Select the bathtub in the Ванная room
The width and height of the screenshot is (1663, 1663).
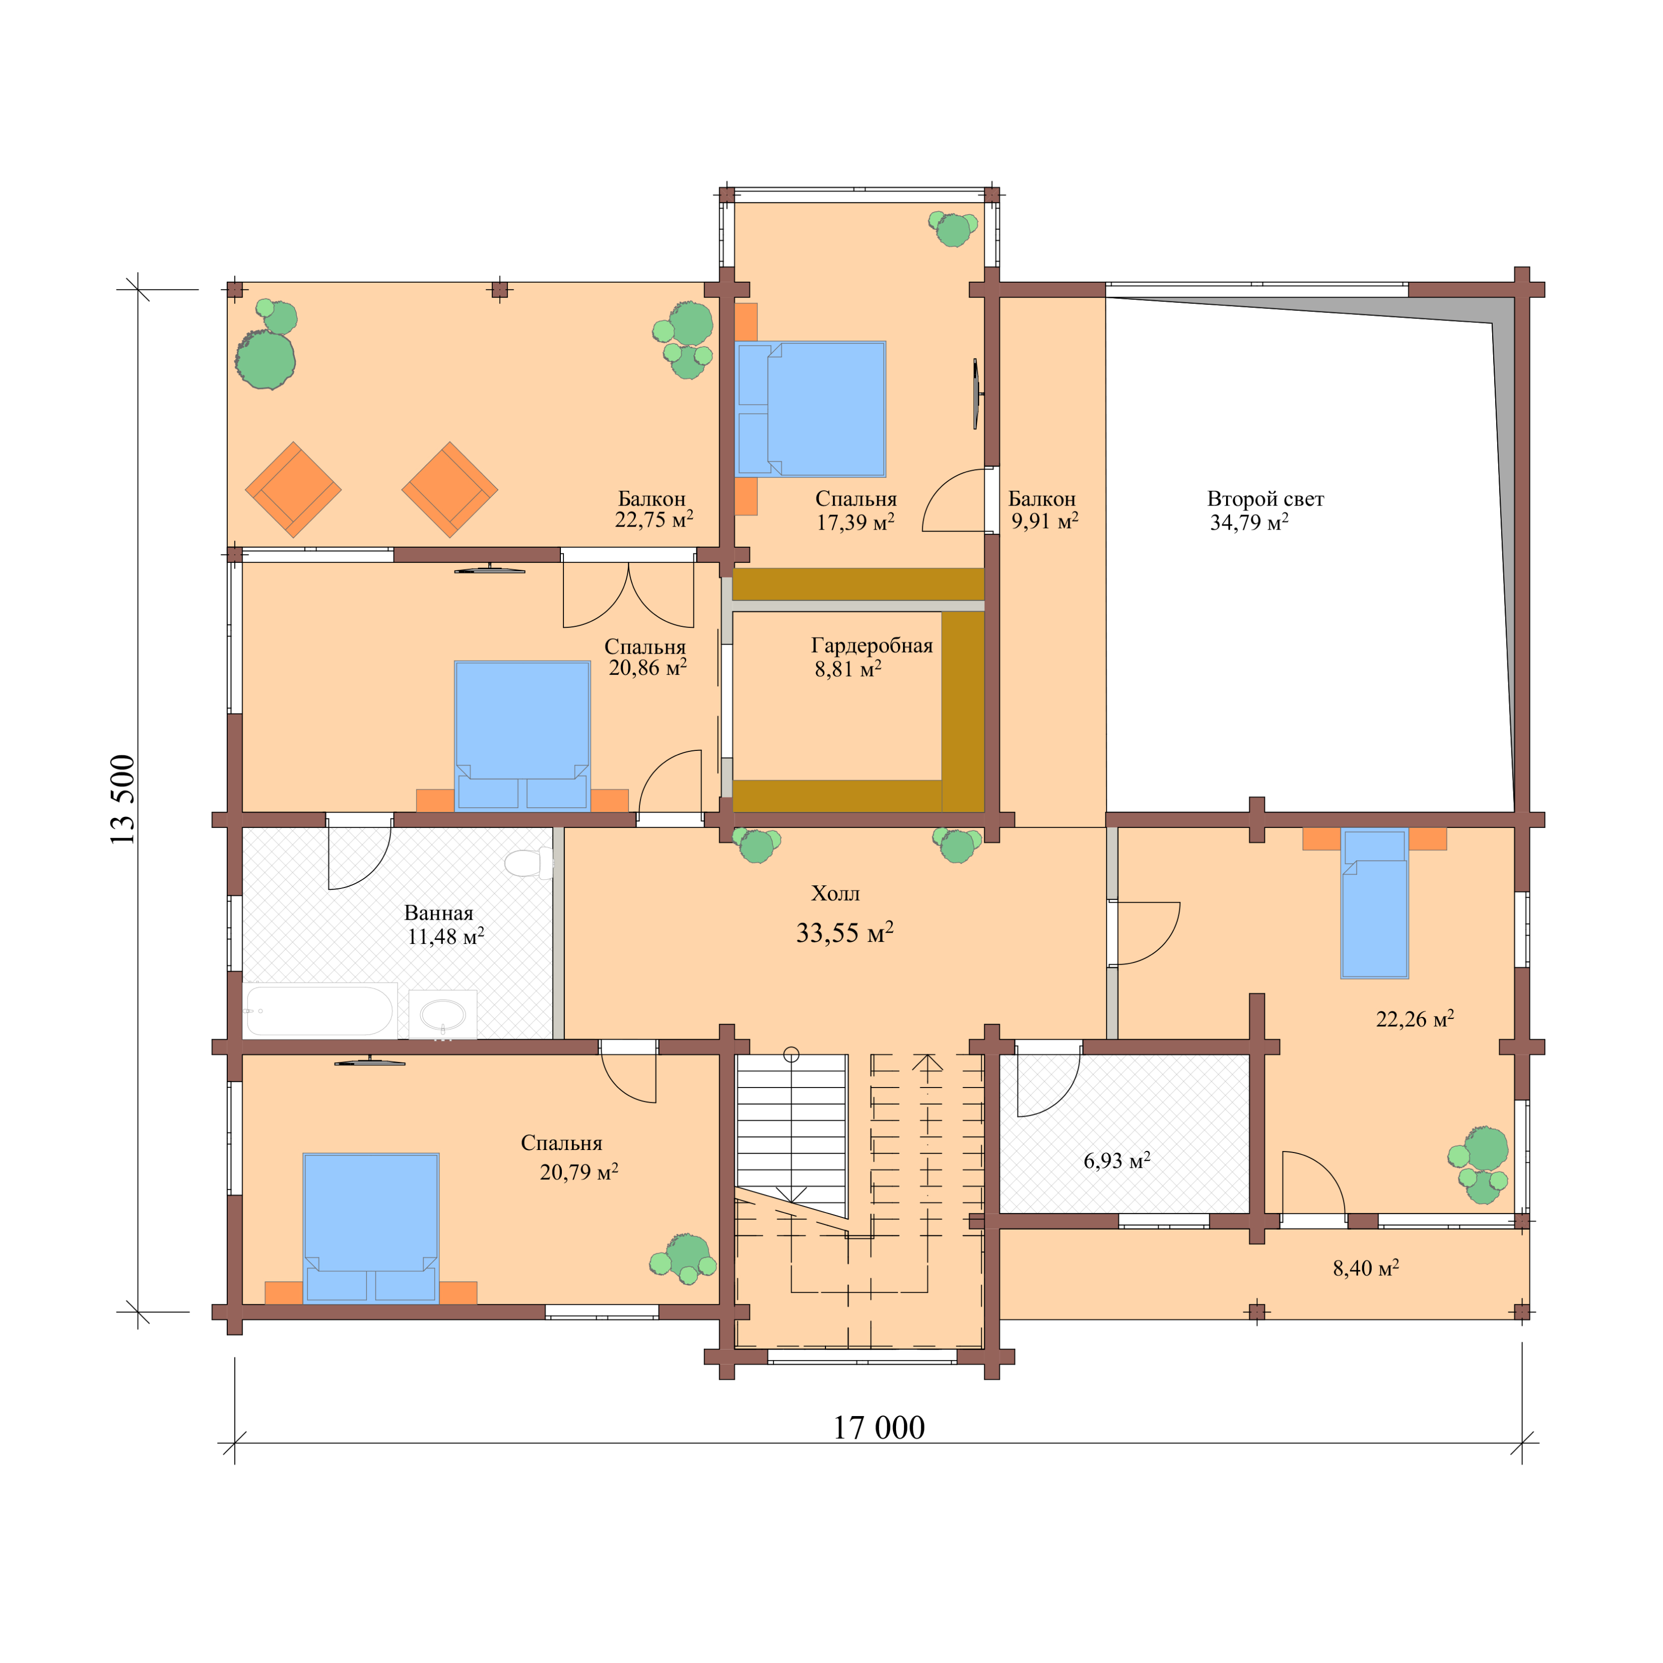pos(318,1010)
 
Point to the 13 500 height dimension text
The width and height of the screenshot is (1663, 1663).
pos(123,799)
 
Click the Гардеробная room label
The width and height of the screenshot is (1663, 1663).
pos(871,646)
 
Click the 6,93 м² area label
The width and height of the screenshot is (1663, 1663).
pos(1116,1160)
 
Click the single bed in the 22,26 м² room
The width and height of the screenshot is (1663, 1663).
pos(1374,904)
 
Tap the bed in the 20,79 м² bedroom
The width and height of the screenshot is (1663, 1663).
pos(371,1227)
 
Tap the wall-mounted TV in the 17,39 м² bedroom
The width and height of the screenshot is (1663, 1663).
pos(976,394)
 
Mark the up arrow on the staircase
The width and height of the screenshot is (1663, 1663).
pos(927,1062)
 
